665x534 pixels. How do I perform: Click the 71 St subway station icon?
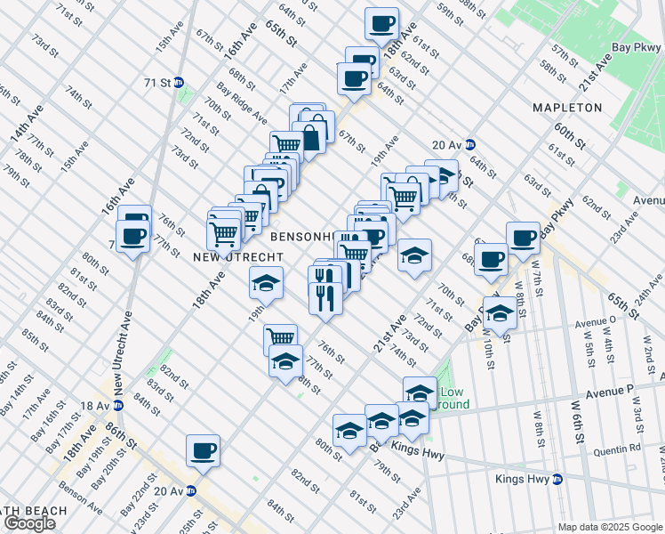pyautogui.click(x=179, y=82)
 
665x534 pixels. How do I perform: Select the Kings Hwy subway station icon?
pyautogui.click(x=557, y=480)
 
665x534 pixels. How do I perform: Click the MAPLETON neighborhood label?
pyautogui.click(x=567, y=108)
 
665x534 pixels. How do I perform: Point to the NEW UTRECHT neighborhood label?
pyautogui.click(x=225, y=256)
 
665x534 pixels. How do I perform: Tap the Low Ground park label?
pyautogui.click(x=453, y=398)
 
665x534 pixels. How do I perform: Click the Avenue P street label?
pyautogui.click(x=615, y=389)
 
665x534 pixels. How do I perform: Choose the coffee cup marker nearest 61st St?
pyautogui.click(x=382, y=23)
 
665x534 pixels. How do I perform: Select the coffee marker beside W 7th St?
pyautogui.click(x=523, y=238)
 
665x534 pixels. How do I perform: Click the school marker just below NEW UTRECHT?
pyautogui.click(x=265, y=283)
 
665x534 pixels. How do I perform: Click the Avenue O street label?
pyautogui.click(x=595, y=323)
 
